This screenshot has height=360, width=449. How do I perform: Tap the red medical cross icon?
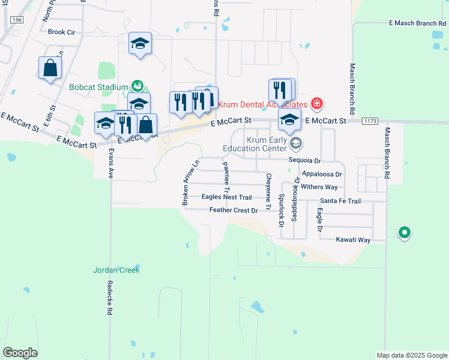[317, 104]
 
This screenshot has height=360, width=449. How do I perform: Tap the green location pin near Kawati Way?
[405, 232]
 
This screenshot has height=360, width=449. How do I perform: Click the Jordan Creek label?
[116, 270]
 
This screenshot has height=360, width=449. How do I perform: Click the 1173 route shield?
[370, 121]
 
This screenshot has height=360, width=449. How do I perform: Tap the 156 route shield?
[17, 20]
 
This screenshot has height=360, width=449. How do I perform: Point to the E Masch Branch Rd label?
[417, 23]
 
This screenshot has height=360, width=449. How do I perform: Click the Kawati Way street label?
[354, 239]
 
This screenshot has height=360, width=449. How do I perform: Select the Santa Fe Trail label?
[340, 201]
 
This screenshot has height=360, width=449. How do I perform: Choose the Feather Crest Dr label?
[234, 210]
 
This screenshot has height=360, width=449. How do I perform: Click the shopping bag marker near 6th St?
[50, 68]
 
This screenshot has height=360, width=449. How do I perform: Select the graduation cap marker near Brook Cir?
[140, 43]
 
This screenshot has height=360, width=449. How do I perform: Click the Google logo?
[20, 353]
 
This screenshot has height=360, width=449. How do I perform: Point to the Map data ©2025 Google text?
[411, 355]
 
